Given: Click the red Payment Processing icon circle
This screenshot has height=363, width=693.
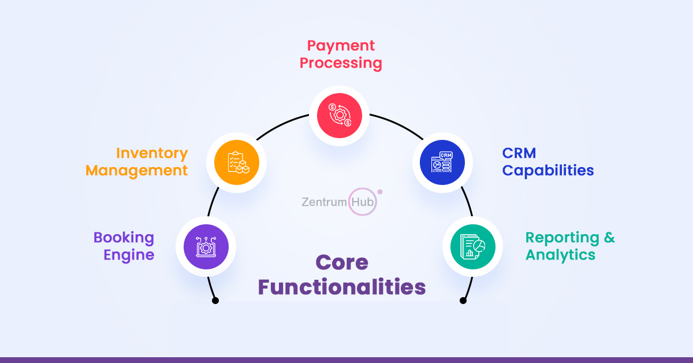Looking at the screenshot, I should point(339,115).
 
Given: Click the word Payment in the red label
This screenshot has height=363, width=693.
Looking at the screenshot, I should point(341,46).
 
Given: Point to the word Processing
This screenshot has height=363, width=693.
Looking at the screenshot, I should point(341,63).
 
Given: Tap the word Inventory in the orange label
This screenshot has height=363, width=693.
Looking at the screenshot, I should point(152,153).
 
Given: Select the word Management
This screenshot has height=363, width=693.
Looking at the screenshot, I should point(137,171).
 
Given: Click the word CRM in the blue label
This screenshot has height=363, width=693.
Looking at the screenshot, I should point(519,153).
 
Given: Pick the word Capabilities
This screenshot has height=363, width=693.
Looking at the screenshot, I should point(548,171).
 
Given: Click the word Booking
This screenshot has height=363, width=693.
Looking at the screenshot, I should point(124,238).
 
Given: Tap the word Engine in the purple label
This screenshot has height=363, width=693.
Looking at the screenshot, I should point(129,255).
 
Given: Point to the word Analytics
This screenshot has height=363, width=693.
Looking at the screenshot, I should point(560,255).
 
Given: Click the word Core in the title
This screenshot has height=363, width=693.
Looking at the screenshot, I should point(342,263).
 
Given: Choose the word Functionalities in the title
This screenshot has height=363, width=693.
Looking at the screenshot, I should point(342,287).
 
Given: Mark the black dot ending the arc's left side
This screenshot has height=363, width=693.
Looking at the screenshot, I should point(215,301).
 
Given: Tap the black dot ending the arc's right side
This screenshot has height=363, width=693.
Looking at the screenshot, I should point(463,301).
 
